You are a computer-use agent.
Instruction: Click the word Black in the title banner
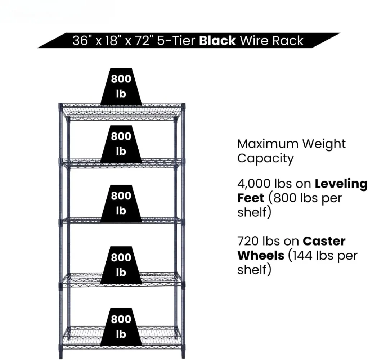click(x=217, y=41)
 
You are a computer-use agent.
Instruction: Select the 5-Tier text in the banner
click(x=176, y=41)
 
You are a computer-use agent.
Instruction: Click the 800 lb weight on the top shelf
click(x=121, y=86)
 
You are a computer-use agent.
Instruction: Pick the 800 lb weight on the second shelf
click(x=121, y=144)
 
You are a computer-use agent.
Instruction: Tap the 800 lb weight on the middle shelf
click(x=121, y=203)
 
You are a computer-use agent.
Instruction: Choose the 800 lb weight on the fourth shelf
click(x=121, y=265)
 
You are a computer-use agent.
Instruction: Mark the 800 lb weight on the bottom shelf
click(x=121, y=327)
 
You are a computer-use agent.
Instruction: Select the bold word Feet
click(x=251, y=198)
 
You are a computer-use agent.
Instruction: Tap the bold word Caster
click(x=324, y=241)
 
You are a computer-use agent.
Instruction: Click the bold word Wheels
click(x=260, y=256)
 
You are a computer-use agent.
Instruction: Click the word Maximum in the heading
click(x=268, y=144)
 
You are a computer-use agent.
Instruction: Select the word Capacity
click(x=265, y=158)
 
